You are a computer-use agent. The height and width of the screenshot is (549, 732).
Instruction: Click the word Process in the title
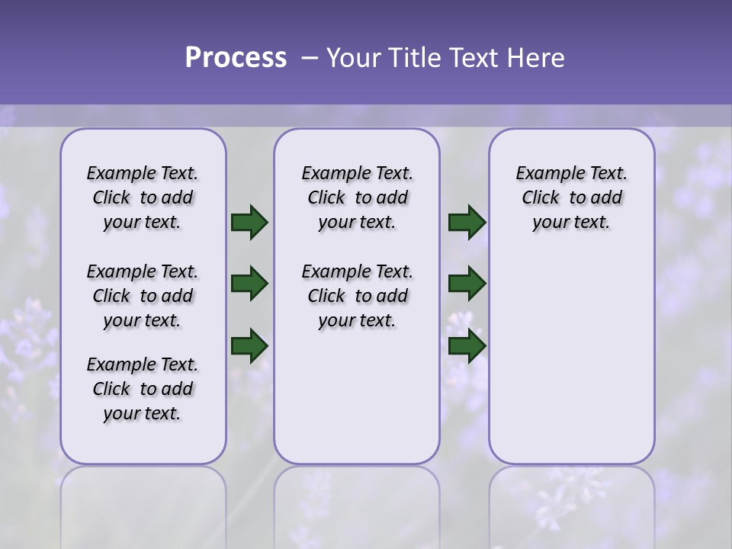point(236,57)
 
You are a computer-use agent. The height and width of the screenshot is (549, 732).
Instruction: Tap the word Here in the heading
point(536,58)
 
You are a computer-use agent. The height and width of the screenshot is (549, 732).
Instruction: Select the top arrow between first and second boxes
point(249,223)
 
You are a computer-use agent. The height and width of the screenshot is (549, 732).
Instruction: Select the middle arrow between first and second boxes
point(249,284)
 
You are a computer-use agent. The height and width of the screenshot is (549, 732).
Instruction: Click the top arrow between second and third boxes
point(467,223)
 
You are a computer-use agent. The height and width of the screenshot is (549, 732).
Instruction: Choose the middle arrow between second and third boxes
point(467,284)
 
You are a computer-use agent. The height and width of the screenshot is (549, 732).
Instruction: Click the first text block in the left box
point(143,197)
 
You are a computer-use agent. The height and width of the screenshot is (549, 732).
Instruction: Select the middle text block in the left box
point(143,296)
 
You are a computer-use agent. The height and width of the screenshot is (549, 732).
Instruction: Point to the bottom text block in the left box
point(143,389)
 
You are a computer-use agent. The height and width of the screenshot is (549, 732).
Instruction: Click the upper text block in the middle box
point(357,197)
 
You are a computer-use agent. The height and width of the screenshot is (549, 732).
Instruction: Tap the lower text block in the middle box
point(357,296)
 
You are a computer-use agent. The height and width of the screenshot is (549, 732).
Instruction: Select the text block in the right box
point(571,197)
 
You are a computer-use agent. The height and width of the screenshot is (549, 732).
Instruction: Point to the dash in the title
point(309,58)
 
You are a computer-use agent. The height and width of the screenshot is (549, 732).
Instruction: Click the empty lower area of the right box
point(571,358)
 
